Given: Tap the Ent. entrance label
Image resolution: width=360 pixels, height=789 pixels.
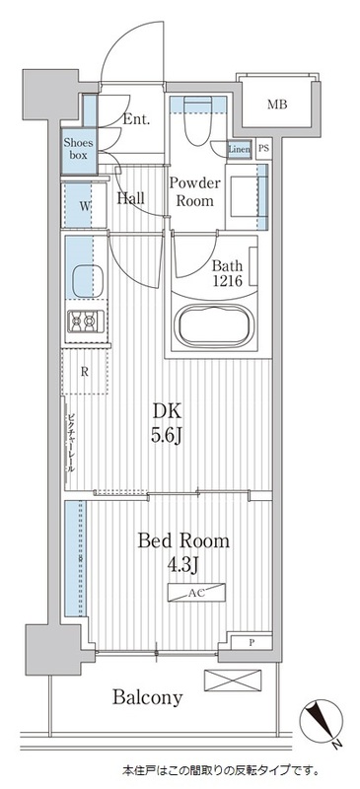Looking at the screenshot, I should [137, 120].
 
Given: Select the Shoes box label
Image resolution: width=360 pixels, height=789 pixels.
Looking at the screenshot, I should [78, 148].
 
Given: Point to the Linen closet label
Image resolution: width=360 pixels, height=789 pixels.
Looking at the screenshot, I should [239, 149].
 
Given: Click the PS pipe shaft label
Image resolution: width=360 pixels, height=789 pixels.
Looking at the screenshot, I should [263, 149].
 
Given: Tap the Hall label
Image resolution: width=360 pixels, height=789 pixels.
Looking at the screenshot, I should [131, 198].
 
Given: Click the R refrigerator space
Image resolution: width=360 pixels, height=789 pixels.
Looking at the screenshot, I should [86, 372].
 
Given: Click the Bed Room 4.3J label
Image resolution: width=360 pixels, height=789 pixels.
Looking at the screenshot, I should [184, 553].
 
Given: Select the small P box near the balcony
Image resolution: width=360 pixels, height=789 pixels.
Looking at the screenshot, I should [252, 644].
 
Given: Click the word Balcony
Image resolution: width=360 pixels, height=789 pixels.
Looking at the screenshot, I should [146, 698].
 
